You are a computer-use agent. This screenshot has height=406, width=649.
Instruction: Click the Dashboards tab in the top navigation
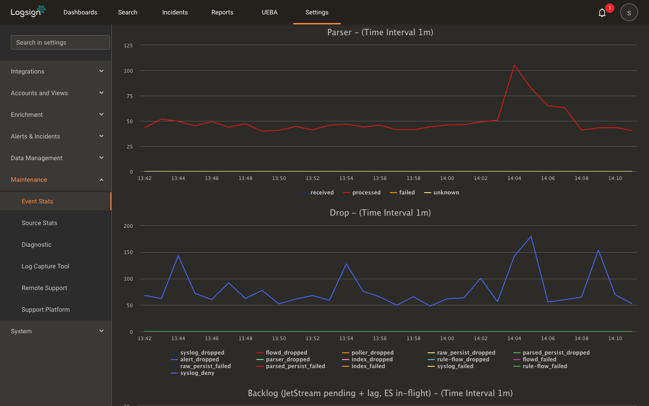coord(80,12)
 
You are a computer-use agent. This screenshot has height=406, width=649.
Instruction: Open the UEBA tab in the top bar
coord(270,12)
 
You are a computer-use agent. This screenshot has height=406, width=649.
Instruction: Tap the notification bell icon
coord(602,13)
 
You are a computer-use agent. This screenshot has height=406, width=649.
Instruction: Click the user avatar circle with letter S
coord(629,13)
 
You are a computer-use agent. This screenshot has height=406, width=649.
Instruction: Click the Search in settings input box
coord(60,42)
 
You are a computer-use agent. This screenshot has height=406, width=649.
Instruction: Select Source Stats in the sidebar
coord(39,223)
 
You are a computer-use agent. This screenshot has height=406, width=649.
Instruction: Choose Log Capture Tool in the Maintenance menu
coord(46,266)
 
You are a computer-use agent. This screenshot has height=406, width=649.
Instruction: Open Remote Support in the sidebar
coord(44,288)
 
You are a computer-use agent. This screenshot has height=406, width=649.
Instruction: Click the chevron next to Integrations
coord(101,71)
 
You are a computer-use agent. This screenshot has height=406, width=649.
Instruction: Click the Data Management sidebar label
coord(37,158)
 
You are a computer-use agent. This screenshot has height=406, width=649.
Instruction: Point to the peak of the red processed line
coord(514,65)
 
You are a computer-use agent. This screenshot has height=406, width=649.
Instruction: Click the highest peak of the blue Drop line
coord(531,236)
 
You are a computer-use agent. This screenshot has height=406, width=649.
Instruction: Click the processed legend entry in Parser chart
coord(362,192)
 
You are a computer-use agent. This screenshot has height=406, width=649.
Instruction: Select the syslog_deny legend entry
coord(193,373)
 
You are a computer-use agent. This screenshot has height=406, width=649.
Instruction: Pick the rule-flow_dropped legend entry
coord(458,359)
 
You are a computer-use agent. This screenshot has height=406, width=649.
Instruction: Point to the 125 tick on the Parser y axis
coord(128,46)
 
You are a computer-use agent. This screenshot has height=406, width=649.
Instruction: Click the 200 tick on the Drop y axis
coord(128,226)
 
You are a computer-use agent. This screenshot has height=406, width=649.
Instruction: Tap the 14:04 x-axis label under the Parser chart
coord(514,178)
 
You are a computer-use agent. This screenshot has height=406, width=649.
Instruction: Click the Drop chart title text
coord(380,212)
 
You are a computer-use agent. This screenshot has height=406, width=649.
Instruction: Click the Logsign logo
coord(28,12)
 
